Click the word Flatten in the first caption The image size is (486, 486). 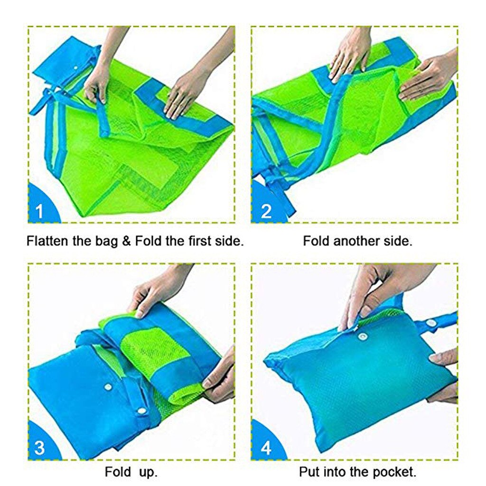point(47,241)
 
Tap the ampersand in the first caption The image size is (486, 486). point(126,241)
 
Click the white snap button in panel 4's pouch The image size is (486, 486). point(361,336)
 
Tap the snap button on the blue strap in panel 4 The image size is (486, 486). point(430,323)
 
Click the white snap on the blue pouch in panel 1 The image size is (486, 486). point(75,68)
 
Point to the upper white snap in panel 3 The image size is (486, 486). point(108,386)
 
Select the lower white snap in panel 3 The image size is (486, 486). point(141,411)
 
